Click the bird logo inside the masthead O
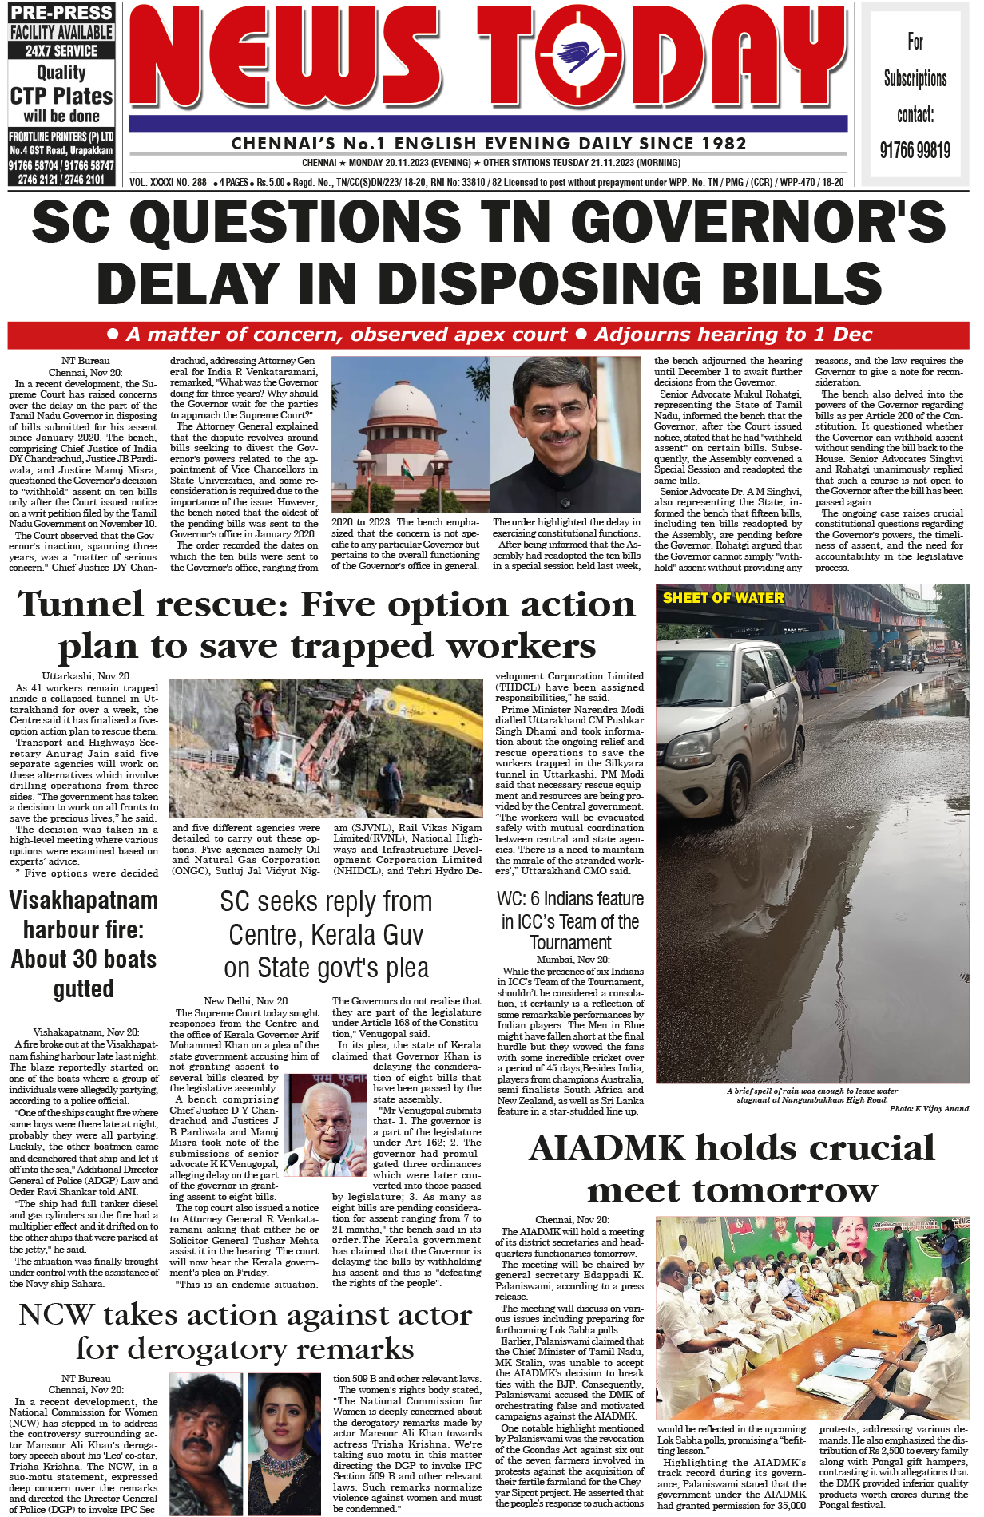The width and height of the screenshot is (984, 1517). (x=580, y=58)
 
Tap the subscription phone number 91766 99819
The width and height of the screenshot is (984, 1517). (x=915, y=150)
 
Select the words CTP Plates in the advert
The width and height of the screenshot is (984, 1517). (x=61, y=96)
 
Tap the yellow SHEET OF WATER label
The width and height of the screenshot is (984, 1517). (x=723, y=597)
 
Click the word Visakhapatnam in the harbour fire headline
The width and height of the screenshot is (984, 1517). (x=83, y=901)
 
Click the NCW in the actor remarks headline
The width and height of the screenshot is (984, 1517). (x=56, y=1315)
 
